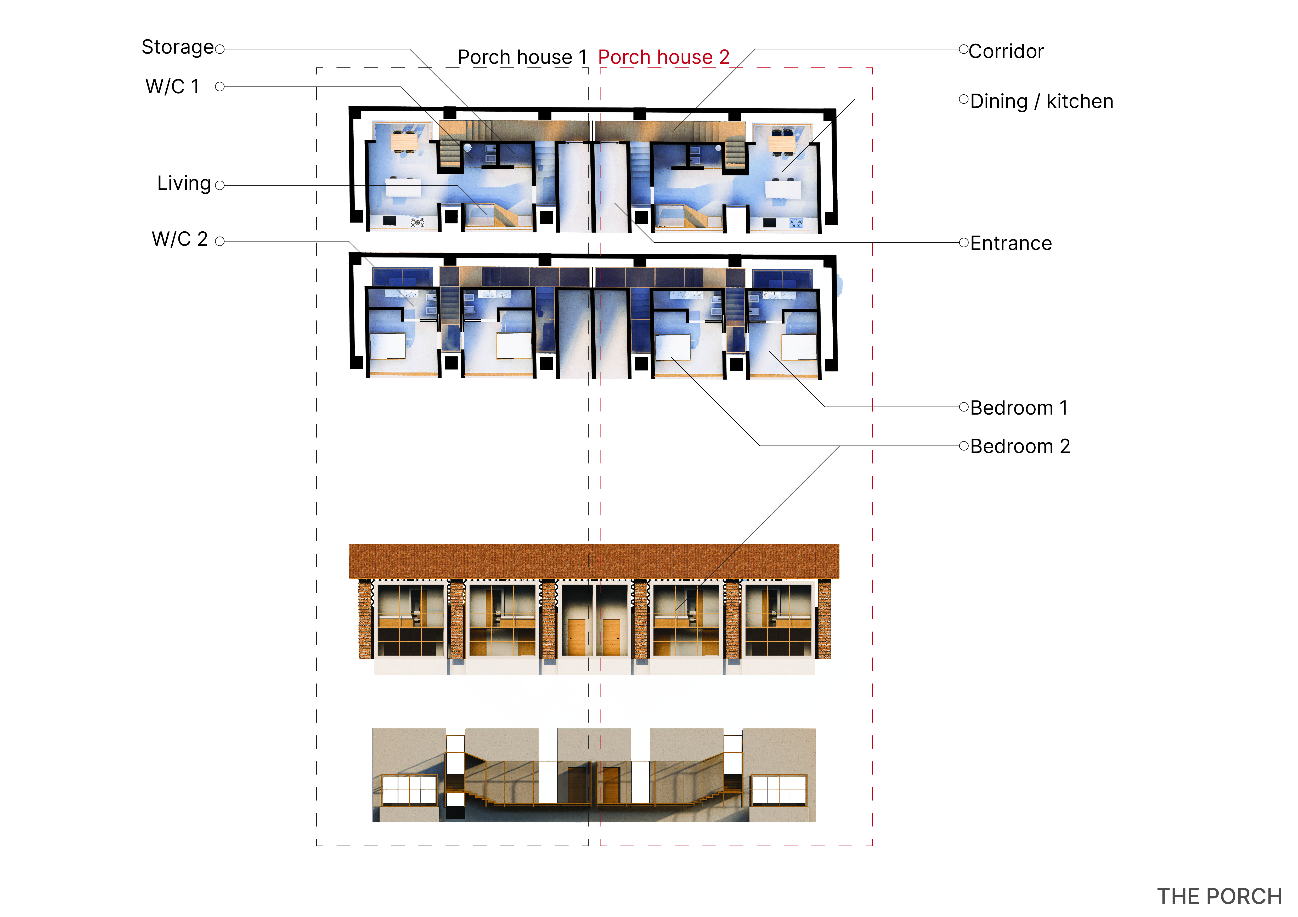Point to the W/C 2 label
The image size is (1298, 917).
pos(180,239)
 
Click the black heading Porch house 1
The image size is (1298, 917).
pos(522,57)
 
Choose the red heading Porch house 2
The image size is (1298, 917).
pos(664,57)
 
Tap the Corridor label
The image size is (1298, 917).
pos(1006,51)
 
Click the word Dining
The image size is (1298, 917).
pos(999,102)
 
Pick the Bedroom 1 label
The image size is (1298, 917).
pos(1019,408)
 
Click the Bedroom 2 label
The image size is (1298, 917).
pos(1020,446)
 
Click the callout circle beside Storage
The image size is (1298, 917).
pos(220,49)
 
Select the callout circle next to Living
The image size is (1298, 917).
pos(220,185)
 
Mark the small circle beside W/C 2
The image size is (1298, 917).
pos(220,241)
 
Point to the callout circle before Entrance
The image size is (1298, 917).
pos(964,243)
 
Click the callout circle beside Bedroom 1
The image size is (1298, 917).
pos(964,407)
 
